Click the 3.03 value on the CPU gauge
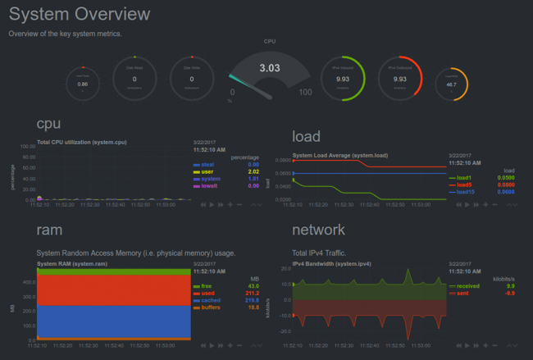[x=270, y=68]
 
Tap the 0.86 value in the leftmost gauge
[x=82, y=84]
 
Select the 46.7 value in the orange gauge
[x=451, y=84]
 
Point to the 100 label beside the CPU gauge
[x=305, y=92]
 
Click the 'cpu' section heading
[x=49, y=123]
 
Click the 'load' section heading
[x=306, y=136]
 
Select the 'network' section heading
[x=318, y=230]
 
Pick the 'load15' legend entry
[x=465, y=191]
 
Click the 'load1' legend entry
[x=463, y=177]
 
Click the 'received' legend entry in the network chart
[x=467, y=286]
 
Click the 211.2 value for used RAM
[x=252, y=293]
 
